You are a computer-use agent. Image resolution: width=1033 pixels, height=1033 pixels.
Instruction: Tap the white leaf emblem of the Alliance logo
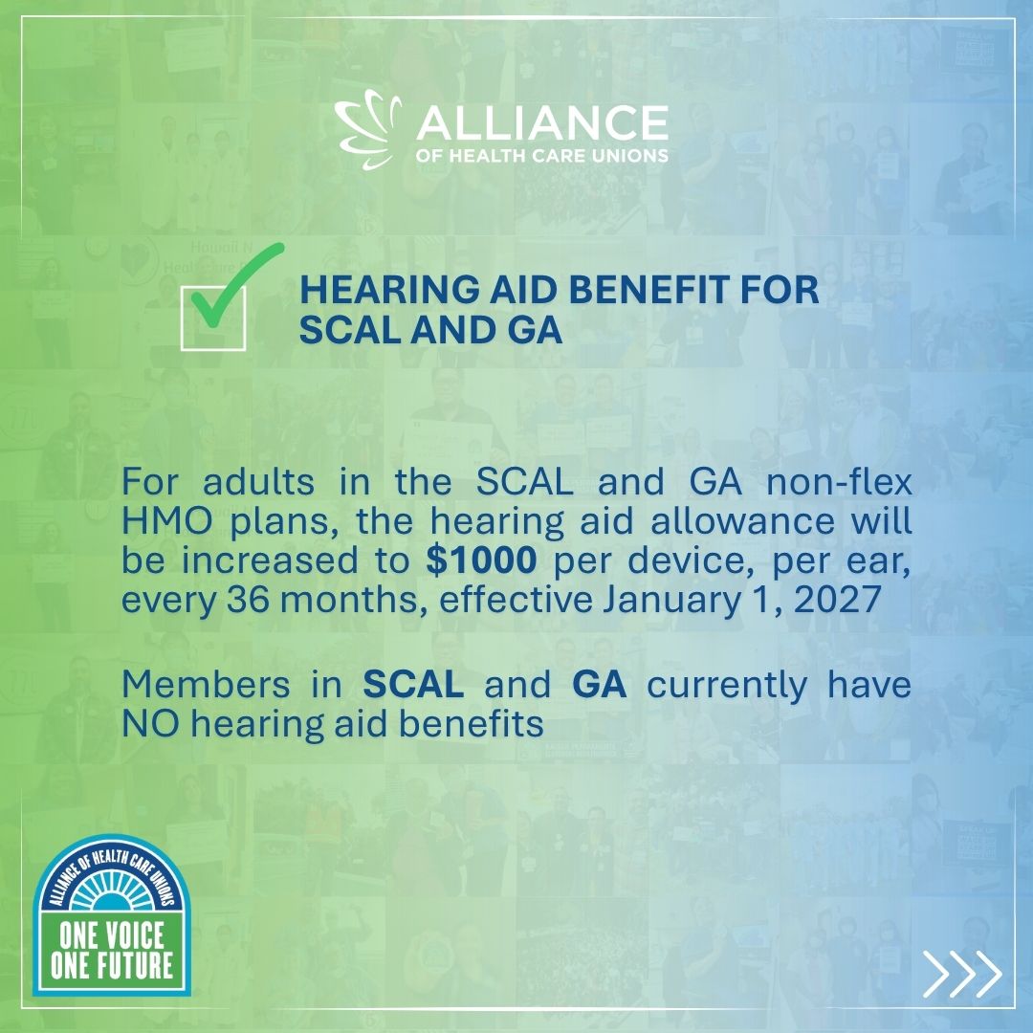367,131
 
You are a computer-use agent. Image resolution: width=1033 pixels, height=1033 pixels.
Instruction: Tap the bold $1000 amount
481,560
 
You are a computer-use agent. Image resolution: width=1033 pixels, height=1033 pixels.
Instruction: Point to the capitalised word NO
150,724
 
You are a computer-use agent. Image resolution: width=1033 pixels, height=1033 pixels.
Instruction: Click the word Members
206,684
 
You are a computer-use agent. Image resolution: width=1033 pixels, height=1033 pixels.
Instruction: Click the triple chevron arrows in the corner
962,974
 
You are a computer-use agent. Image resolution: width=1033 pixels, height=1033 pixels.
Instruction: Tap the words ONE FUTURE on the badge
112,965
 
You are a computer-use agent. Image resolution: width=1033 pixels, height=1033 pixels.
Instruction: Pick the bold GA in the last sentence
599,684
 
